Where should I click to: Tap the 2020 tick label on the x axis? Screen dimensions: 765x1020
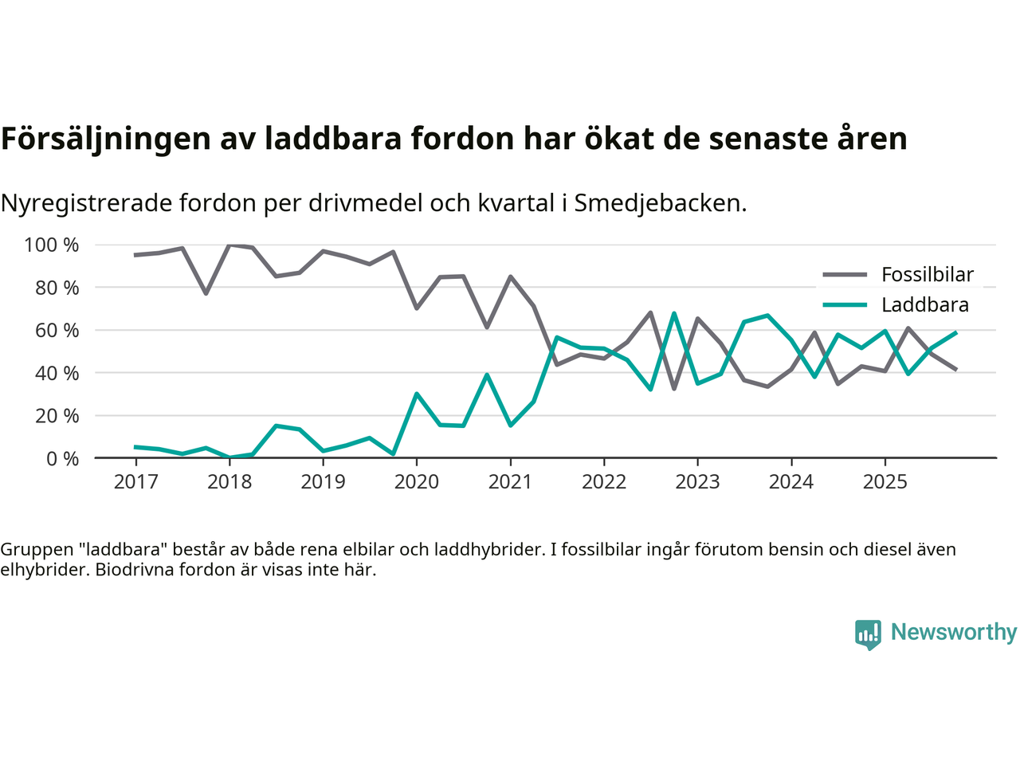(x=417, y=481)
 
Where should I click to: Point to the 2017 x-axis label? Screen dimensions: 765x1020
(x=135, y=481)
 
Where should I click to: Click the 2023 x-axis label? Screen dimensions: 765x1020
(x=697, y=481)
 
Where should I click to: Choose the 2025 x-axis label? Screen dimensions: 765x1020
(x=885, y=481)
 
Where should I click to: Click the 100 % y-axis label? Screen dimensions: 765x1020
(x=52, y=245)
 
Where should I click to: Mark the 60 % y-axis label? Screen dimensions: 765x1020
(x=57, y=330)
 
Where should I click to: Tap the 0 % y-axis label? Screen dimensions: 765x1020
(x=61, y=458)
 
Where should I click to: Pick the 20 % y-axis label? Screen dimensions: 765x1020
(x=57, y=415)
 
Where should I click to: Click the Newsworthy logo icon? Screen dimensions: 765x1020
(x=868, y=634)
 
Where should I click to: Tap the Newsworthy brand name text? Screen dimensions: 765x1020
(x=953, y=632)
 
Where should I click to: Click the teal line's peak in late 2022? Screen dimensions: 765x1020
(x=674, y=313)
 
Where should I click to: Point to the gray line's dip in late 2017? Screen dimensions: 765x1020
(x=206, y=293)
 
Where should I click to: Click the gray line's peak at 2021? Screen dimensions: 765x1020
(x=510, y=277)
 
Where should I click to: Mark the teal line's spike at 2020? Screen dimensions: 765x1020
(x=416, y=394)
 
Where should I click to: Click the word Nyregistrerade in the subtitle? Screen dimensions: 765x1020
(x=86, y=203)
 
